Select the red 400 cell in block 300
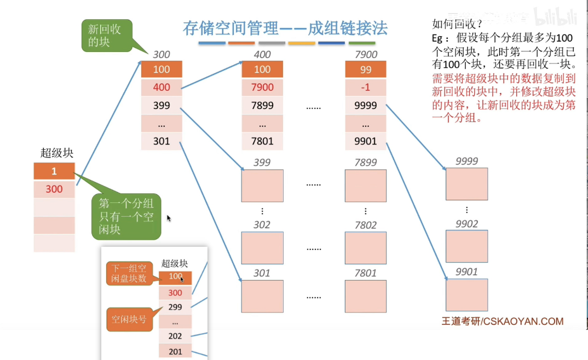tap(161, 88)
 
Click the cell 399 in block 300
tap(161, 106)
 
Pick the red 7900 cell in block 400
tap(262, 88)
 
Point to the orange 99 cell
tap(366, 69)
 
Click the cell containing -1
tap(366, 88)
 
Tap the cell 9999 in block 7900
tap(366, 106)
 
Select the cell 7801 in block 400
tap(262, 141)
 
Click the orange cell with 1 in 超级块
tap(54, 171)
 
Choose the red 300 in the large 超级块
tap(54, 189)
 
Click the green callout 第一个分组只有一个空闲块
tap(126, 217)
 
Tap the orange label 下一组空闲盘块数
tap(129, 273)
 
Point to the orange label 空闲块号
tap(129, 319)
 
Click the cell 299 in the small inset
tap(175, 307)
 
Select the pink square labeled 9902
tap(466, 247)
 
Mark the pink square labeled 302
tap(262, 248)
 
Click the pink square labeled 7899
tap(365, 185)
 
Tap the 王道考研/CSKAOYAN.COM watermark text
tap(502, 322)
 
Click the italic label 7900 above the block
tap(366, 55)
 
